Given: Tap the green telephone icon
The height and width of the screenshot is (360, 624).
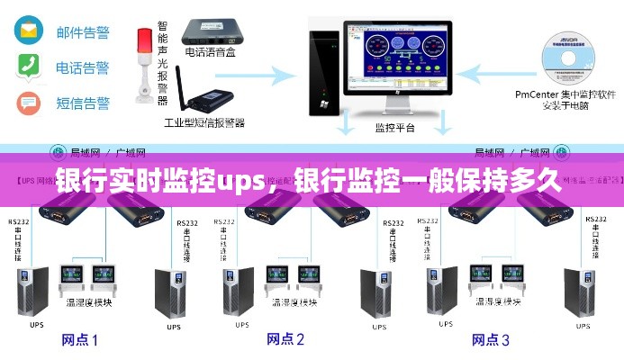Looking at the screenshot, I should (29, 67).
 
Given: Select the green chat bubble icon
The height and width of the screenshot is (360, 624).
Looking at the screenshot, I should (29, 103).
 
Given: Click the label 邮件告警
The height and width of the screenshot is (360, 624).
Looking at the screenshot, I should (82, 32).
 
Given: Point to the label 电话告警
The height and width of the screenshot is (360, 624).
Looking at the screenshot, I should (82, 67).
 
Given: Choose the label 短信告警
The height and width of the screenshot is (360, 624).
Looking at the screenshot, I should (82, 103).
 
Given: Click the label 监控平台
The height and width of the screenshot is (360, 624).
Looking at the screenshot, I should (395, 128).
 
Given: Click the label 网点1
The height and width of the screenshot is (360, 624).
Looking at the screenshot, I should (79, 339).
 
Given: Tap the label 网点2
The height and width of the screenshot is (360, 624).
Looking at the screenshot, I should (285, 339).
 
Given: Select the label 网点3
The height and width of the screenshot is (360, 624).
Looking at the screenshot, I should (492, 339).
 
